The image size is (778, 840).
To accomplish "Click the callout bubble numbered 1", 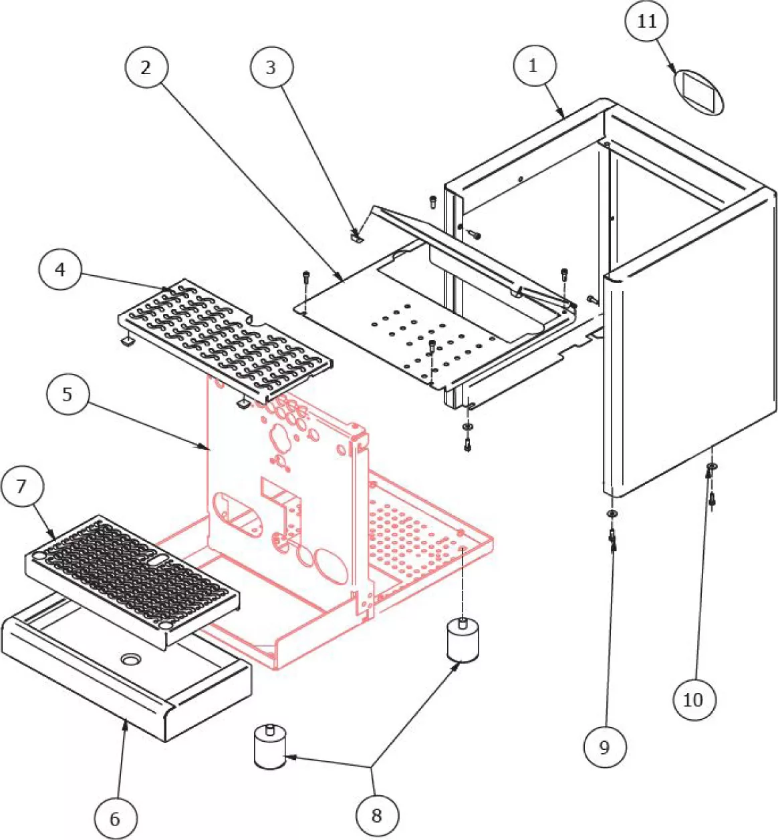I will tap(533, 66).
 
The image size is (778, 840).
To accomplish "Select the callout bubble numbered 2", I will tap(146, 67).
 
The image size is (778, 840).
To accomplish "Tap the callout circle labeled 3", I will tap(271, 67).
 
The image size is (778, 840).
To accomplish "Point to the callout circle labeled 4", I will tap(60, 269).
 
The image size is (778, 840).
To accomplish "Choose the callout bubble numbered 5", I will tap(67, 394).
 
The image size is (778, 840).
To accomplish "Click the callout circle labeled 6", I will tap(115, 819).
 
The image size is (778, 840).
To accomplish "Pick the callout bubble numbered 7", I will tap(21, 486).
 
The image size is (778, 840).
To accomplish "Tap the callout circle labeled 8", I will tap(376, 815).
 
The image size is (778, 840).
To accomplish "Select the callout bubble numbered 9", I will tap(604, 747).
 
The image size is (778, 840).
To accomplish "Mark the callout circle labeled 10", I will tap(693, 700).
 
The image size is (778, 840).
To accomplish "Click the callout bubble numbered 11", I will tap(646, 21).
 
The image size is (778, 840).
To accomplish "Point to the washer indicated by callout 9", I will tap(611, 513).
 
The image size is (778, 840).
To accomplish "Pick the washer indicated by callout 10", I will tap(712, 466).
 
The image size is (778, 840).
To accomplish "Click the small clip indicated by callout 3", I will tap(357, 236).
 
